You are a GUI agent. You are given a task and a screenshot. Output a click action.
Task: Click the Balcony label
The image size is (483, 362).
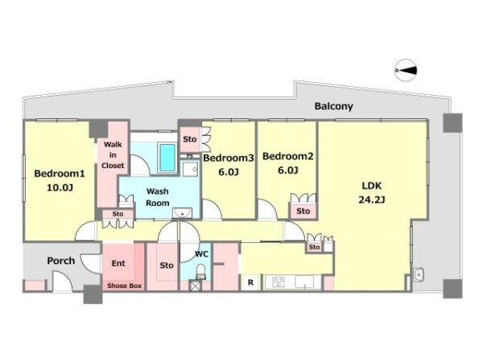333,106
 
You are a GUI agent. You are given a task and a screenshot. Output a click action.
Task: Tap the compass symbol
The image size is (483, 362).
406,71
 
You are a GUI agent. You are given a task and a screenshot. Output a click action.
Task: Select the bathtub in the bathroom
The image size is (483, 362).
167,158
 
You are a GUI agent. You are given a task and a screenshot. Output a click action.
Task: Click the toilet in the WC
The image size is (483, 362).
200,271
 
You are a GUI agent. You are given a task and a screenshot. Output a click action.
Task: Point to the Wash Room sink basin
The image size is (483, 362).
183,213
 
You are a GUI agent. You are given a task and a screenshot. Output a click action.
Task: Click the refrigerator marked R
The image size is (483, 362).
250,282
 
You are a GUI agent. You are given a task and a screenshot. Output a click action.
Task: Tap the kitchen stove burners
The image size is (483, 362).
279,282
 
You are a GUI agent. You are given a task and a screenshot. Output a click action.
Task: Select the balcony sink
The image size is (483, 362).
419,274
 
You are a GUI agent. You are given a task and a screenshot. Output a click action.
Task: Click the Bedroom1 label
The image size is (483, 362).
59,174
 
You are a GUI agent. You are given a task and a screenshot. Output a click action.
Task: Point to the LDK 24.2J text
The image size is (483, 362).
372,193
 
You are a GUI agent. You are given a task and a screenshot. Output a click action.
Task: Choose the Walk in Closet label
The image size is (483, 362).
113,154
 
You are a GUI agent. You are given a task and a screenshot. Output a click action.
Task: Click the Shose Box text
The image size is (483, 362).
124,286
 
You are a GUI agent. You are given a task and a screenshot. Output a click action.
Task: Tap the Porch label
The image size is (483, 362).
61,261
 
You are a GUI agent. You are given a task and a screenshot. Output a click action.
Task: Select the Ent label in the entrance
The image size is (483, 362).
118,263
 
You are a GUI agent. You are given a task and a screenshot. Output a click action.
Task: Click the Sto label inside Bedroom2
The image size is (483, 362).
303,211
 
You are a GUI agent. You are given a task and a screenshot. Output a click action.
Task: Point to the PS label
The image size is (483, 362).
190,156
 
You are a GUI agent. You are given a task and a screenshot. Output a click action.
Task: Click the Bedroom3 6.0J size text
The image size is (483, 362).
229,172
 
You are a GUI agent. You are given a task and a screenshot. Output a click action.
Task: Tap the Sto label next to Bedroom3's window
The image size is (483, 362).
190,139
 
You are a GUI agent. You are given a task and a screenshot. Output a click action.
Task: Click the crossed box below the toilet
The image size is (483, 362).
195,286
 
